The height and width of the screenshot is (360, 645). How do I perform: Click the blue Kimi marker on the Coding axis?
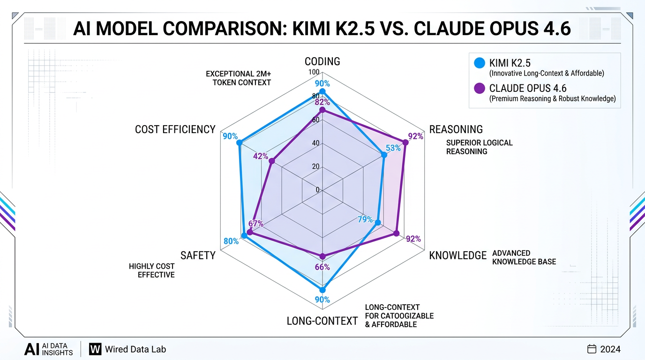pyautogui.click(x=322, y=91)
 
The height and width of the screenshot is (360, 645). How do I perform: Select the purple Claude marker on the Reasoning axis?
pyautogui.click(x=405, y=142)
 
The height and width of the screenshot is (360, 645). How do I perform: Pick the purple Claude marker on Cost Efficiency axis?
pyautogui.click(x=272, y=162)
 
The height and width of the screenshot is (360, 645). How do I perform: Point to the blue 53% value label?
pyautogui.click(x=393, y=148)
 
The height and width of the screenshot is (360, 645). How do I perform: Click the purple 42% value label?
pyautogui.click(x=260, y=156)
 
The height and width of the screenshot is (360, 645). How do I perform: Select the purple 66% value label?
pyautogui.click(x=322, y=267)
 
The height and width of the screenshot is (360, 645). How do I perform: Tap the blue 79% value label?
pyautogui.click(x=365, y=219)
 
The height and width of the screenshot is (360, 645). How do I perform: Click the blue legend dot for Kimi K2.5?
pyautogui.click(x=480, y=62)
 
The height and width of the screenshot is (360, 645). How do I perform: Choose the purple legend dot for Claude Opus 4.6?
pyautogui.click(x=480, y=88)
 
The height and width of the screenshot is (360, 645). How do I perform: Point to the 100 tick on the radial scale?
pyautogui.click(x=313, y=72)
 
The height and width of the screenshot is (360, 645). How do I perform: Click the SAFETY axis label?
pyautogui.click(x=198, y=255)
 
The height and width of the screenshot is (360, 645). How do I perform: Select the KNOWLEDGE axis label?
pyautogui.click(x=458, y=255)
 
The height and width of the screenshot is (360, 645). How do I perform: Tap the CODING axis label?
pyautogui.click(x=322, y=61)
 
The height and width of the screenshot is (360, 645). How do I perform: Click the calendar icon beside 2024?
pyautogui.click(x=592, y=349)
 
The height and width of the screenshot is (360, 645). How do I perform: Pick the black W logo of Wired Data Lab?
pyautogui.click(x=95, y=349)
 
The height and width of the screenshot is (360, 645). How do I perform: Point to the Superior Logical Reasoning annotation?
pyautogui.click(x=479, y=147)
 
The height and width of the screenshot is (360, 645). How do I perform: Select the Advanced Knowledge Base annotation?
pyautogui.click(x=524, y=257)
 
